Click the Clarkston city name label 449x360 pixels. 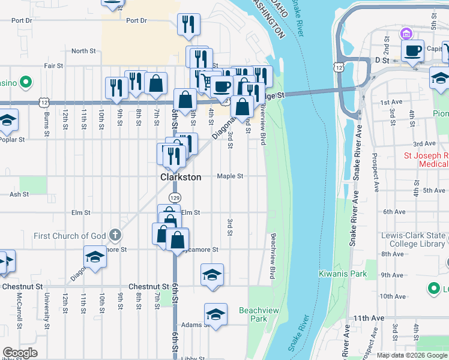pos(178,178)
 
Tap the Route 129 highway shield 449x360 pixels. pos(175,197)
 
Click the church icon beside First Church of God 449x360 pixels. pos(115,235)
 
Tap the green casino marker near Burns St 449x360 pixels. pos(25,82)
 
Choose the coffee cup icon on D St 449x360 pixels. pos(412,51)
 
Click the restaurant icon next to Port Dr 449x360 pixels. pos(188,24)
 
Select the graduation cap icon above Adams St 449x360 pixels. pos(215,314)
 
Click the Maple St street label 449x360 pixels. pos(230,176)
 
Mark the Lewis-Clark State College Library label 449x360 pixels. pos(414,240)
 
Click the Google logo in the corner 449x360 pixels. pos(20,353)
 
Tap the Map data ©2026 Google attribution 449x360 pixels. pos(411,355)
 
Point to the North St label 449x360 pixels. pos(83,52)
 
